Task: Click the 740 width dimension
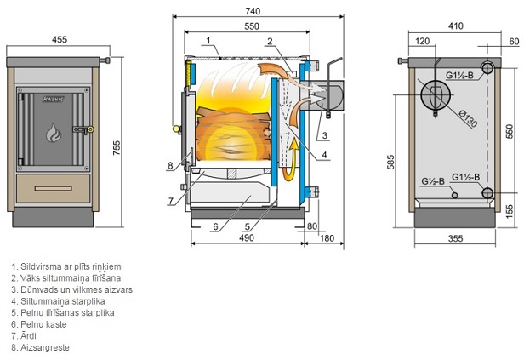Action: (x=252, y=12)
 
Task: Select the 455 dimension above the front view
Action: (x=60, y=38)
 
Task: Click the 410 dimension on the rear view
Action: (x=457, y=26)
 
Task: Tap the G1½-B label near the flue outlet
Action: (x=462, y=75)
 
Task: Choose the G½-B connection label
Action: (x=433, y=180)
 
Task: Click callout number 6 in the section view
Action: (x=216, y=226)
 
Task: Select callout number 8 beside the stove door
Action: (x=170, y=165)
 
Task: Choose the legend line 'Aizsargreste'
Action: (x=41, y=348)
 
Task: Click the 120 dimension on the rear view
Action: (x=423, y=40)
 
